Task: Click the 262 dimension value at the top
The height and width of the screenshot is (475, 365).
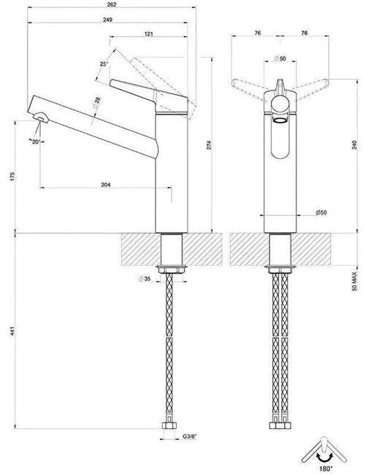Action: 112,5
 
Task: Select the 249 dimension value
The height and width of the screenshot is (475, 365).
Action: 107,20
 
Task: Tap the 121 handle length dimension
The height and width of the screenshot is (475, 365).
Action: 148,34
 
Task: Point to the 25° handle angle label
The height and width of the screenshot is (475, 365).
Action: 104,64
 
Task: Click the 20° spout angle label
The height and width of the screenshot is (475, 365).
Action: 36,142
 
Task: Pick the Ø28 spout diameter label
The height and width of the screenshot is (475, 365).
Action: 96,104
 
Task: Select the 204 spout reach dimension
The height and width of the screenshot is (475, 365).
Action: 106,185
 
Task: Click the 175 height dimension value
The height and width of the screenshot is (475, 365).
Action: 12,177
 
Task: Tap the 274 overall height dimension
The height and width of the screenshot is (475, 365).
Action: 209,145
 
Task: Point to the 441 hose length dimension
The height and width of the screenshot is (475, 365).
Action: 12,331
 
